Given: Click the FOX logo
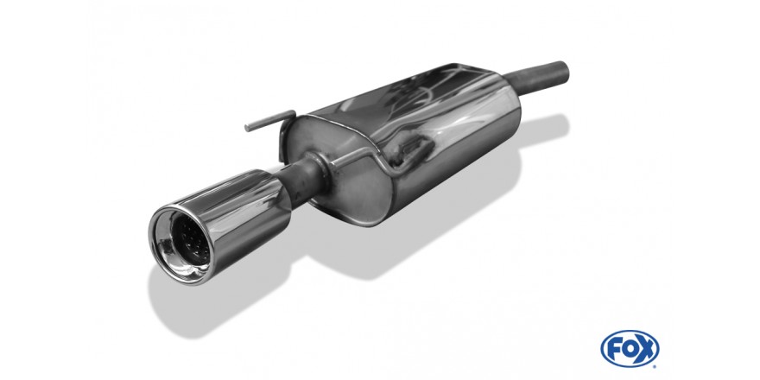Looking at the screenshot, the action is [630, 349].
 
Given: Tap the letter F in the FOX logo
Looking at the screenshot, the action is [615, 349].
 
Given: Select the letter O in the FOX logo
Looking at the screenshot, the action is [629, 349].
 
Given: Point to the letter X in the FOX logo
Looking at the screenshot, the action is [645, 349].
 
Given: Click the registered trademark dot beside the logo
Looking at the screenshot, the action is [655, 366].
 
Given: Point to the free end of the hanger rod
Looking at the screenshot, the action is [247, 128].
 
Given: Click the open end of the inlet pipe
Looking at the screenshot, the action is [564, 71].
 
